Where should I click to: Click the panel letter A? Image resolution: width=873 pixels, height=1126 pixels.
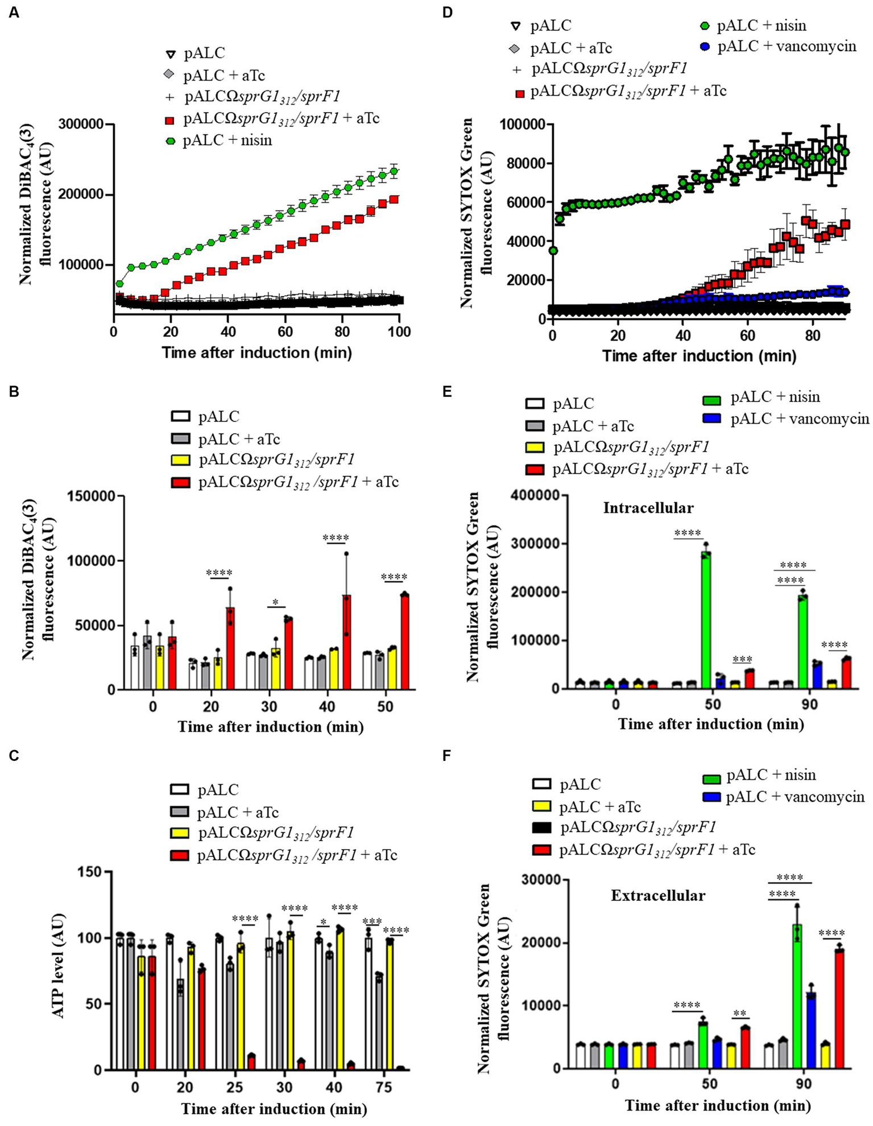(13, 12)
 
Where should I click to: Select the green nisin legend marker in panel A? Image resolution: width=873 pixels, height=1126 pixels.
(169, 141)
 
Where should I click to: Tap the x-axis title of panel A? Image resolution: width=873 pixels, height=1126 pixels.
(256, 353)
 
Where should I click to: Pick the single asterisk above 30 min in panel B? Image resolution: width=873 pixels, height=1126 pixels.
(275, 602)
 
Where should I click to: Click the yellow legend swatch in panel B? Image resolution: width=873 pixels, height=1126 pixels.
(180, 459)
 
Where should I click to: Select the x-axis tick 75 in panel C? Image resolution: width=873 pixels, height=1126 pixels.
(384, 1087)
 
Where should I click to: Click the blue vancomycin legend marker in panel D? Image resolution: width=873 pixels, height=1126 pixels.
(705, 47)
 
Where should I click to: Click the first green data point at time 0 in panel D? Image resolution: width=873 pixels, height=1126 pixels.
(553, 251)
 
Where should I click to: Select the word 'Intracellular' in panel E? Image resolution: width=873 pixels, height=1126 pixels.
(648, 507)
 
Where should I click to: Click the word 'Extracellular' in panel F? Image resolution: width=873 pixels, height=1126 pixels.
(658, 896)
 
